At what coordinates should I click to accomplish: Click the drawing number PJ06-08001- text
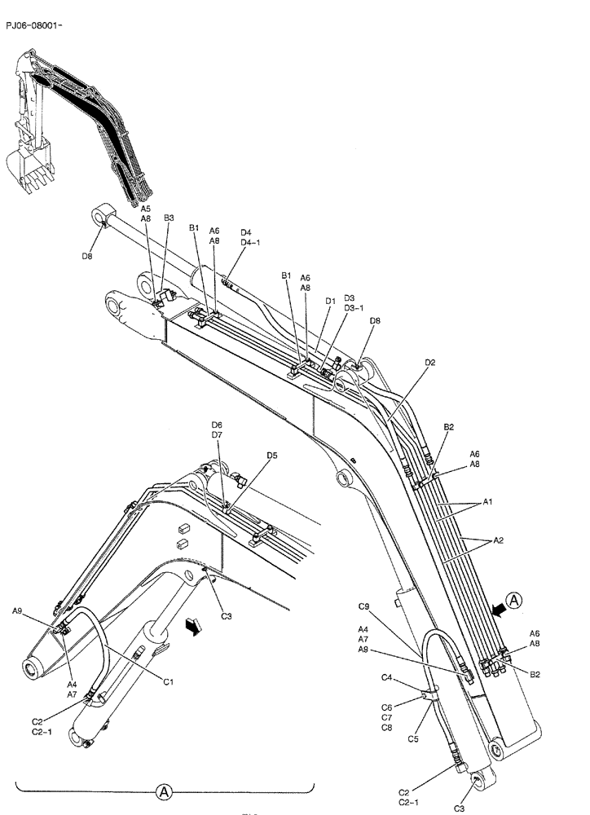click(33, 26)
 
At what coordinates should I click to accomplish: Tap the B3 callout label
click(170, 218)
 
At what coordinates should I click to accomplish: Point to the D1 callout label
click(330, 301)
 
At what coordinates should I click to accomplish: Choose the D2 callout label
click(430, 362)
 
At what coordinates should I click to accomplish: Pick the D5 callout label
click(272, 455)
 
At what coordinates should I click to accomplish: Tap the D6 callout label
click(217, 425)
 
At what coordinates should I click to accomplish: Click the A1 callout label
click(487, 502)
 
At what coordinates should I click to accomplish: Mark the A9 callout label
click(18, 610)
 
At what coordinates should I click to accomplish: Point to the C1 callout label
click(170, 681)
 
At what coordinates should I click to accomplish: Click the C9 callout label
click(364, 606)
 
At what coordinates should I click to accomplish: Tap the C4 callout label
click(388, 677)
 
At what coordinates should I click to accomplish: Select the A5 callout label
click(145, 209)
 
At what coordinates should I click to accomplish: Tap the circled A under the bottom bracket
click(163, 791)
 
